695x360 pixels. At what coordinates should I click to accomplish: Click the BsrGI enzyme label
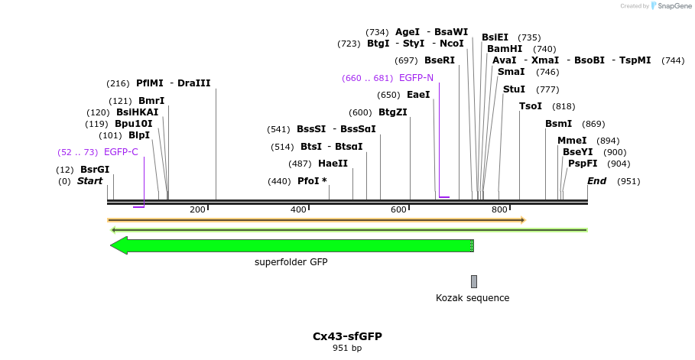[95, 170]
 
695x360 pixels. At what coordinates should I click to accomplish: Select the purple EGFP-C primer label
[121, 152]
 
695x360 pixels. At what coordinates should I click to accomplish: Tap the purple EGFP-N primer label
[416, 78]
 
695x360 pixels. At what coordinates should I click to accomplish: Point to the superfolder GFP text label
[291, 262]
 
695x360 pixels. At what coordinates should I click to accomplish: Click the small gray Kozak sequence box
[474, 281]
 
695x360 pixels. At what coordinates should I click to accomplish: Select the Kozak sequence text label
[473, 298]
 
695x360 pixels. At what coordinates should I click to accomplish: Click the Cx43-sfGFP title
[347, 336]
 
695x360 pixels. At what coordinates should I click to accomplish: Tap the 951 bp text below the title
[347, 349]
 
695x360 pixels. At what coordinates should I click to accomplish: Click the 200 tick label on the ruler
[197, 209]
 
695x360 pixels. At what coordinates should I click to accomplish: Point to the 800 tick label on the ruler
[499, 209]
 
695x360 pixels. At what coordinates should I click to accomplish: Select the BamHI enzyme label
[505, 49]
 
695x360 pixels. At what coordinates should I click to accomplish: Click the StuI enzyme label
[514, 89]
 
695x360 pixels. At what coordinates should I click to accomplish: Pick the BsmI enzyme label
[558, 124]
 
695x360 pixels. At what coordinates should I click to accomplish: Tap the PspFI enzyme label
[583, 164]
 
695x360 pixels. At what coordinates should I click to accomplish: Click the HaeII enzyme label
[333, 164]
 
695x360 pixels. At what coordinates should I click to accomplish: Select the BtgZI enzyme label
[393, 112]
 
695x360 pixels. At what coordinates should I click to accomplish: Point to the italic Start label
[89, 181]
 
